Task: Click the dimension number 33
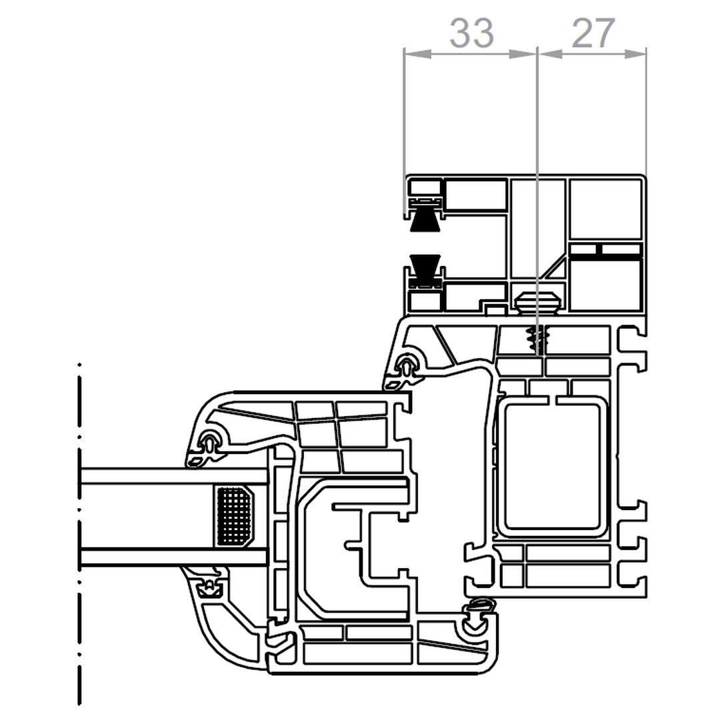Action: click(x=471, y=33)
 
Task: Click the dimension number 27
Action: click(x=593, y=33)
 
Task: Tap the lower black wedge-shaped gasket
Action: click(x=425, y=267)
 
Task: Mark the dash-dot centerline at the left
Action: click(x=80, y=533)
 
